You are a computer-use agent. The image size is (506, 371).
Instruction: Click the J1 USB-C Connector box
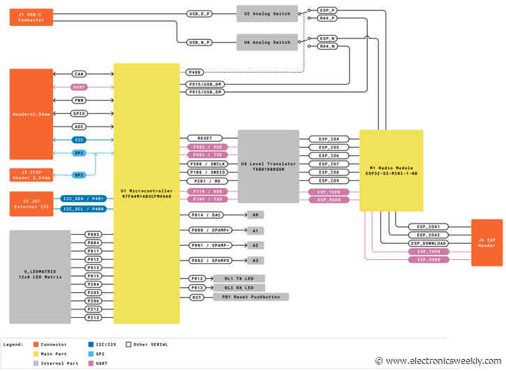(31, 17)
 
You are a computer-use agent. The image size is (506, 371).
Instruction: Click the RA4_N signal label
(328, 46)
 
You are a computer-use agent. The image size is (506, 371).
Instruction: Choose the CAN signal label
(79, 73)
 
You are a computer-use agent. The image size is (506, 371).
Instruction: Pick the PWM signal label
(79, 100)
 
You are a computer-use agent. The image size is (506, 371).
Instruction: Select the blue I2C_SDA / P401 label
(83, 198)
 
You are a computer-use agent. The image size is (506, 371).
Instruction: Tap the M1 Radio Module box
(391, 170)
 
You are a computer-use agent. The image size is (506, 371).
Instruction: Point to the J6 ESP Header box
(486, 242)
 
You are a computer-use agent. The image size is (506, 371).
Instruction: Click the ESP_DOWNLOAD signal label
(429, 243)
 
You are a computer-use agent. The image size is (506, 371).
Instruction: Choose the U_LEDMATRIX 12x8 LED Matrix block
(40, 277)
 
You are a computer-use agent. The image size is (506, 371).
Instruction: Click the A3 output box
(255, 260)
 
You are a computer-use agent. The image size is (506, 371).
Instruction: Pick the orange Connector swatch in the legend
(36, 344)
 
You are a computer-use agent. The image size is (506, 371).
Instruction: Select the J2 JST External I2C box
(31, 203)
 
